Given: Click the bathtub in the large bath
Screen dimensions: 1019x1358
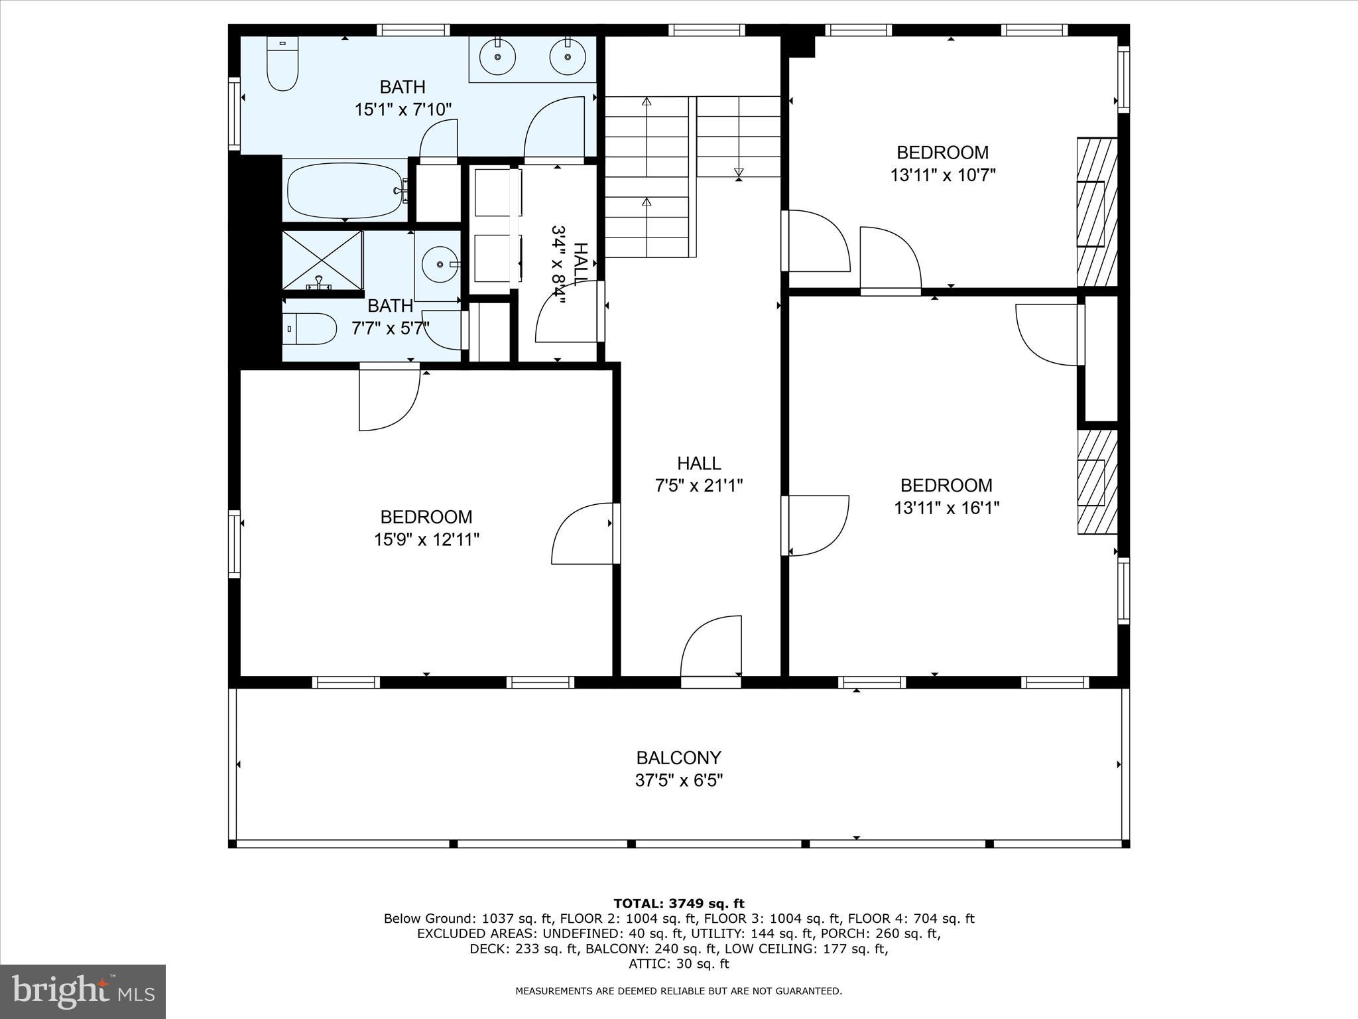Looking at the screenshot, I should [x=345, y=191].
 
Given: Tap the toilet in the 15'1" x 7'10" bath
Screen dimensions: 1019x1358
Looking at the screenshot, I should [x=282, y=65].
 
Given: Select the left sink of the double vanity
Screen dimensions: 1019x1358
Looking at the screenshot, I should [x=497, y=57].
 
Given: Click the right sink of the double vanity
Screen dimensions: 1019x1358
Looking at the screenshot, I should [x=568, y=57].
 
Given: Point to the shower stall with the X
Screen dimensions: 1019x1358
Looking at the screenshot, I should [x=323, y=260].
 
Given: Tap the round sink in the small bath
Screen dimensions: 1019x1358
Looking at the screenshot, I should [x=440, y=264].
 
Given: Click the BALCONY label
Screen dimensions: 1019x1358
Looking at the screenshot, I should [x=678, y=758].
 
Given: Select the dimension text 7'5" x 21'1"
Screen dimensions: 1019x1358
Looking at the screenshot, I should [x=698, y=486].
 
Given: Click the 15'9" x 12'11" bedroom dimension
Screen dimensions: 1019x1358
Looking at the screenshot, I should [x=426, y=539].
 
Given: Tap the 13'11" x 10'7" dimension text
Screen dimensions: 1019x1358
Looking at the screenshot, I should [x=942, y=175].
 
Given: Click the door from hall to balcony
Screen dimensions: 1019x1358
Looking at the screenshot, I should [x=711, y=647].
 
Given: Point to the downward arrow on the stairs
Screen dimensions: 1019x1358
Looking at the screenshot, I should [x=738, y=172].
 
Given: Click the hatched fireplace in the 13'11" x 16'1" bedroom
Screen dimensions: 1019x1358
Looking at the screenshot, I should [x=1097, y=482].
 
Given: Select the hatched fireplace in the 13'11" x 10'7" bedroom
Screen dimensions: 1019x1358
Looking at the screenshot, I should [x=1097, y=212].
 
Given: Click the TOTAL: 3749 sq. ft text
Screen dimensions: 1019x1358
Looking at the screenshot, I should [x=678, y=904].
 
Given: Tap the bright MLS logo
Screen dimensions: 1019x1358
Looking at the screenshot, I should [x=83, y=991].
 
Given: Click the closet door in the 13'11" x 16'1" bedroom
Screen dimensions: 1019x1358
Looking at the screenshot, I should [x=1048, y=334].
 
